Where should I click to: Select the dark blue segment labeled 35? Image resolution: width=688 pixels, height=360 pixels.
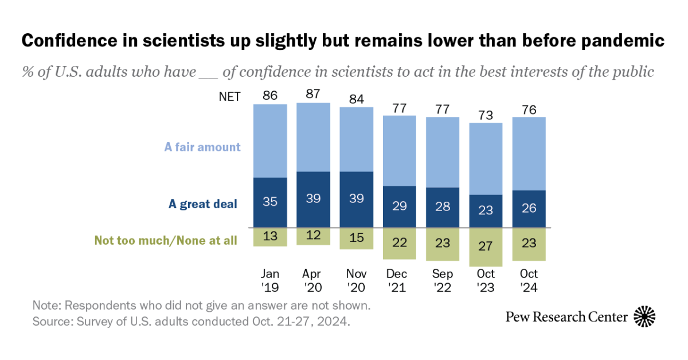point(270,202)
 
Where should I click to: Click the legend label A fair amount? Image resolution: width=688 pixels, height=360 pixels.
point(202,147)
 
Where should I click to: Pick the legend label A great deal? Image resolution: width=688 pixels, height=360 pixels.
point(202,204)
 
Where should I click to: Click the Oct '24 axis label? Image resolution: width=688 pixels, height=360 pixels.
point(529,280)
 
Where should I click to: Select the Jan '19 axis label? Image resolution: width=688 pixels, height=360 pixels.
point(270,280)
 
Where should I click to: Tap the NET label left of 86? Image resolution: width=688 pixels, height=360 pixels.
point(230,96)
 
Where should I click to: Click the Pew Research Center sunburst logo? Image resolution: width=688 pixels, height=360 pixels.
point(645,316)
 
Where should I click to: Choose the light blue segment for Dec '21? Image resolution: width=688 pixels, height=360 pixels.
point(400,151)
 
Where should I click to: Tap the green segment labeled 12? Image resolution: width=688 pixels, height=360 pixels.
point(313,236)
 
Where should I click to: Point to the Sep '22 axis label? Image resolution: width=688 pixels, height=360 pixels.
point(443,280)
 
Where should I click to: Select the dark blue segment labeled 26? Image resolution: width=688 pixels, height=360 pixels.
point(529,209)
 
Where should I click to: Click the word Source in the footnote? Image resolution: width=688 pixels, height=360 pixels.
point(50,321)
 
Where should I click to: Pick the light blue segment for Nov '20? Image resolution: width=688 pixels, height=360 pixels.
point(357,139)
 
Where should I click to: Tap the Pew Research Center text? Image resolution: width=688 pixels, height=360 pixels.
point(566,316)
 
